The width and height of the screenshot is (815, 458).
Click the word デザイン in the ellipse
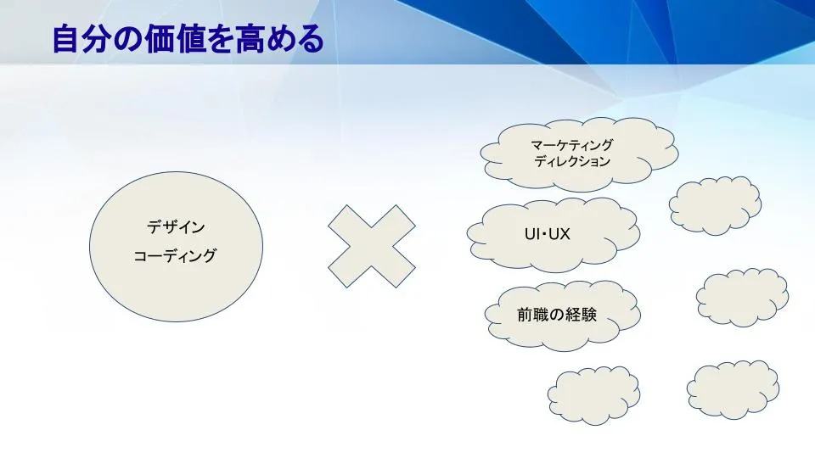click(176, 227)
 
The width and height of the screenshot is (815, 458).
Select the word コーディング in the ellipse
click(175, 255)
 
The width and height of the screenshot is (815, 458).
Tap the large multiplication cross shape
click(372, 246)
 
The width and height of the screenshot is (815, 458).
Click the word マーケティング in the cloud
click(571, 145)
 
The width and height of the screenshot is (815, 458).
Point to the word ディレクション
click(571, 161)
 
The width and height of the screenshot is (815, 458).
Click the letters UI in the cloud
click(531, 234)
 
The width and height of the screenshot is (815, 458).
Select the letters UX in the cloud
click(559, 234)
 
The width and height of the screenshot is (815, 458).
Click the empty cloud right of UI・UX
click(715, 205)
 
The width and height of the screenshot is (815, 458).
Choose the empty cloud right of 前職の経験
click(742, 298)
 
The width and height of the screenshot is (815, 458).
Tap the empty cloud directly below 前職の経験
click(593, 396)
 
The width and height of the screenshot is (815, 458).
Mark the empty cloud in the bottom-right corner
click(733, 390)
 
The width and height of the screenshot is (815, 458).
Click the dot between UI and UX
click(544, 235)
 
